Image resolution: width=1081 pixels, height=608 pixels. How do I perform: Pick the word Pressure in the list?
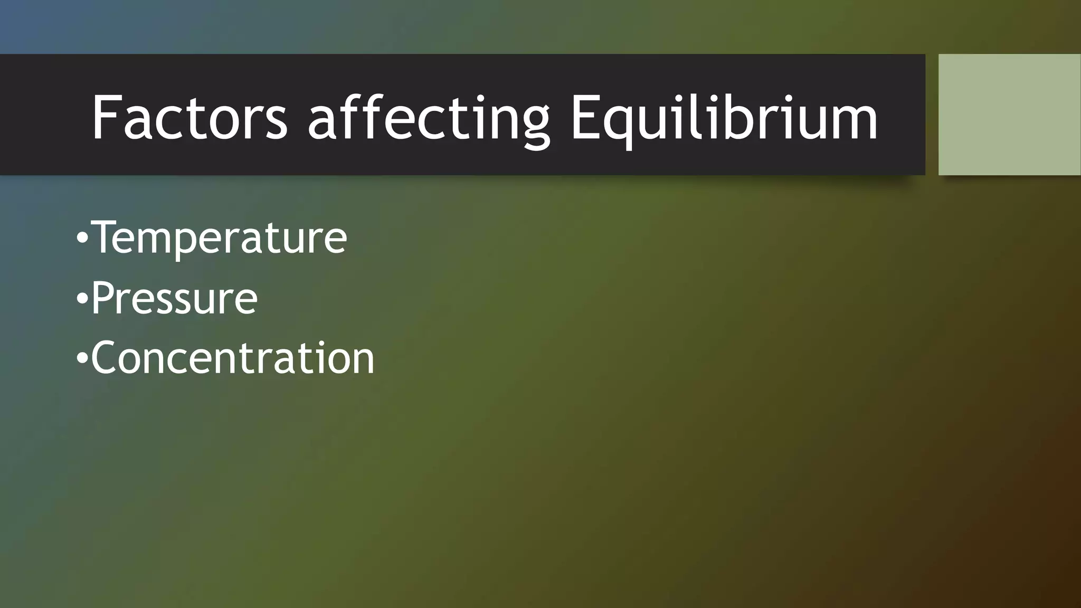point(174,298)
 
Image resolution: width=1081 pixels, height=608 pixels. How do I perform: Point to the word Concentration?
point(233,358)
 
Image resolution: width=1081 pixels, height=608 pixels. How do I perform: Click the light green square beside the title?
point(1009,115)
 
